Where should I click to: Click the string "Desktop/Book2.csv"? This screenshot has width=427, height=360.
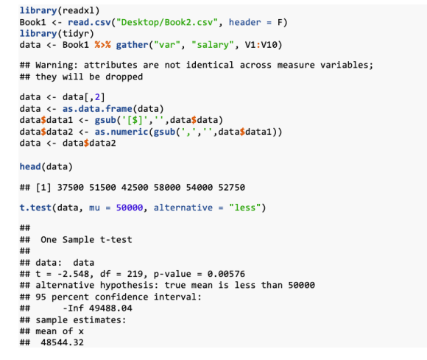(x=167, y=22)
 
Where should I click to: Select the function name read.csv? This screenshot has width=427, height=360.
(x=89, y=22)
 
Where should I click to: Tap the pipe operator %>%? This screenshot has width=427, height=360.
(x=102, y=45)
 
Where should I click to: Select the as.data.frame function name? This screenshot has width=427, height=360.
(x=97, y=109)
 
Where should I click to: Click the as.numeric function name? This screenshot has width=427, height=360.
(x=121, y=132)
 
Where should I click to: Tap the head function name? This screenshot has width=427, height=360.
(x=30, y=166)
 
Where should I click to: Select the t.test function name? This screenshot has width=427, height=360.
(x=35, y=208)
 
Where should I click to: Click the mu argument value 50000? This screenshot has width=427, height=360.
(x=130, y=208)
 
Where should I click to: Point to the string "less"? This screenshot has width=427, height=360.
(x=245, y=208)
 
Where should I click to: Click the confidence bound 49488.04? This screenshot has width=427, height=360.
(x=110, y=308)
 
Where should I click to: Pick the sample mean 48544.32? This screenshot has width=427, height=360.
(x=63, y=342)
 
